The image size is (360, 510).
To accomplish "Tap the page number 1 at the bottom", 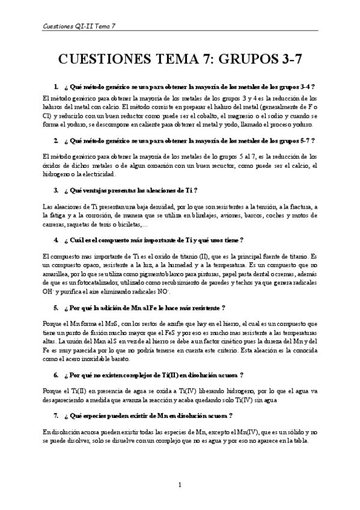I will pos(180,485).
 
